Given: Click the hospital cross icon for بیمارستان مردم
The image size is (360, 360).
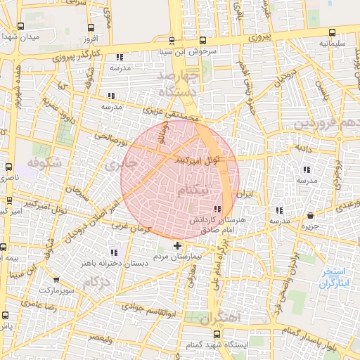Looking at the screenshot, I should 176,246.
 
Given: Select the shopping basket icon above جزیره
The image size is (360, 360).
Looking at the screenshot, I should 311,215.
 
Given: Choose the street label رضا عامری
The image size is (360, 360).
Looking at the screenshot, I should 36,305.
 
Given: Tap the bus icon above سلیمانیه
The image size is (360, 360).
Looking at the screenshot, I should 333,32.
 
